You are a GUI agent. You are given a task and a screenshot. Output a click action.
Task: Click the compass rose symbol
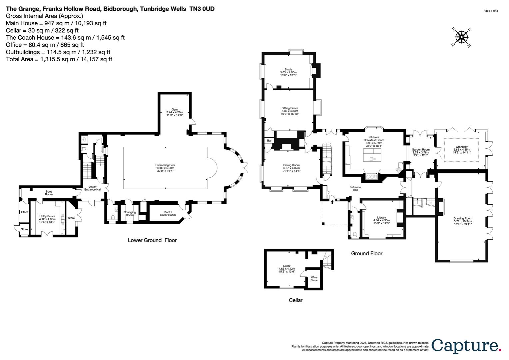(x=461, y=37)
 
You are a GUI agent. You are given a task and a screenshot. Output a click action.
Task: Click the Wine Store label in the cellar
(x=314, y=279)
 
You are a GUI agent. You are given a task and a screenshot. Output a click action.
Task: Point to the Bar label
(x=269, y=141)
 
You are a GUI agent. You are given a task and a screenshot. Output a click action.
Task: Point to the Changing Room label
(x=130, y=213)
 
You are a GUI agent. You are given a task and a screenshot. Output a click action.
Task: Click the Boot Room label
(x=49, y=193)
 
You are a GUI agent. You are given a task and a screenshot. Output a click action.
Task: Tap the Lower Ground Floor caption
(x=152, y=240)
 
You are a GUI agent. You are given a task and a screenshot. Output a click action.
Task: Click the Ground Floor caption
(x=366, y=253)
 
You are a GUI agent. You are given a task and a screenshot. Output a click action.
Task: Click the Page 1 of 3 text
(x=491, y=11)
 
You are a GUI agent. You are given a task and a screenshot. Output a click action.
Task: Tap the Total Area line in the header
(x=59, y=59)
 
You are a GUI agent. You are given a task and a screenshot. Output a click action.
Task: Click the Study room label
(x=288, y=71)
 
